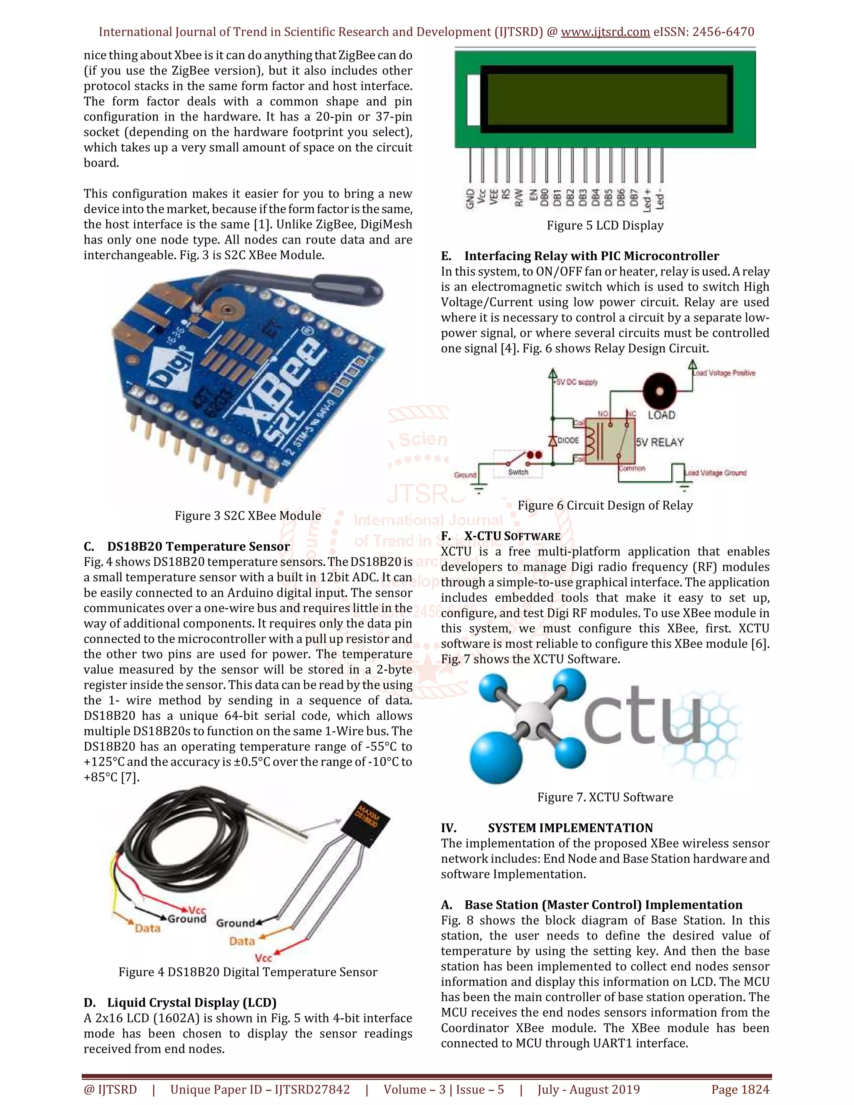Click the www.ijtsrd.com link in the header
[x=605, y=32]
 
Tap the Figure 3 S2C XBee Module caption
[x=248, y=515]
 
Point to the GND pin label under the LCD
[x=470, y=199]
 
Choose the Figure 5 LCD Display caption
[x=605, y=226]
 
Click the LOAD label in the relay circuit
[x=661, y=415]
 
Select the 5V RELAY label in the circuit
[x=659, y=442]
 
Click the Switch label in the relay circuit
[x=518, y=472]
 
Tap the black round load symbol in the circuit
[x=659, y=391]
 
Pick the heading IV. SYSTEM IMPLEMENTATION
[x=547, y=828]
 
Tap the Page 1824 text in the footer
[x=740, y=1089]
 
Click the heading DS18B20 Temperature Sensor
[x=198, y=546]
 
